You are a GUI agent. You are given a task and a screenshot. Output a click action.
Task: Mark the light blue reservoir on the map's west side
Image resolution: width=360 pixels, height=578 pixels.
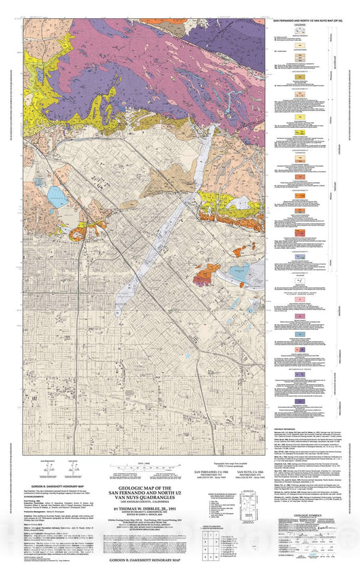tap(57, 197)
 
